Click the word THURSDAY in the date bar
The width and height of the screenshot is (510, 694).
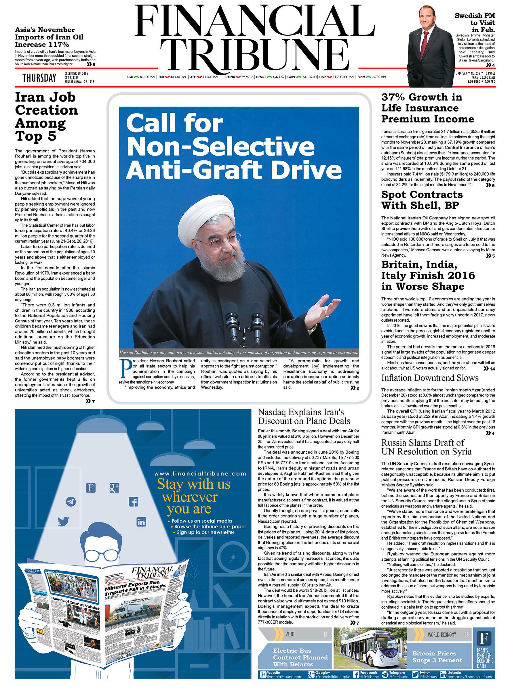coord(39,78)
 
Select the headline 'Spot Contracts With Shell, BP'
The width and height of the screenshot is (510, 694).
coord(422,200)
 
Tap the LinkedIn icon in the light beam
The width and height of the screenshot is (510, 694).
coord(141,522)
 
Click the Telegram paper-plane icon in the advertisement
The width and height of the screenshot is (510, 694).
coord(71,502)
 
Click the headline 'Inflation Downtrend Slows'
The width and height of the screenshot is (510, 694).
coord(430,378)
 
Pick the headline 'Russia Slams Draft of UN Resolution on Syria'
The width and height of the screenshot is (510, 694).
coord(426,447)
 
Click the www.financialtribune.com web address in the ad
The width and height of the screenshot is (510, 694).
coord(200,473)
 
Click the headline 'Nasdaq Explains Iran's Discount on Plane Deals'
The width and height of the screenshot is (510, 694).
coord(304,417)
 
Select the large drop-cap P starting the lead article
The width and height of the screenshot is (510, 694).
coord(125,369)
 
